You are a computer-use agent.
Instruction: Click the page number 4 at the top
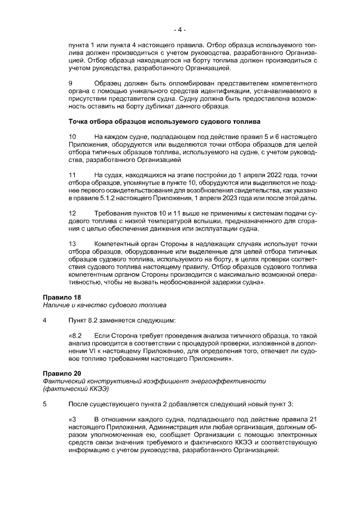click(180, 28)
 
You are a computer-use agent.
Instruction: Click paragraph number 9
click(70, 83)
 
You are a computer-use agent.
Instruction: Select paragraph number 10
click(72, 137)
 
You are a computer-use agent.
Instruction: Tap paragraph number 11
click(72, 175)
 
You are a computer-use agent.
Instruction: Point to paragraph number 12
click(72, 214)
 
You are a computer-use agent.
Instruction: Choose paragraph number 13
click(72, 244)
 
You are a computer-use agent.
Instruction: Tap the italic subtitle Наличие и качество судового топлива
click(105, 305)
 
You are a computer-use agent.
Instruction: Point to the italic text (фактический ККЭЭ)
click(75, 389)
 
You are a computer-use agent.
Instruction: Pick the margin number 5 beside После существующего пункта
click(44, 404)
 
